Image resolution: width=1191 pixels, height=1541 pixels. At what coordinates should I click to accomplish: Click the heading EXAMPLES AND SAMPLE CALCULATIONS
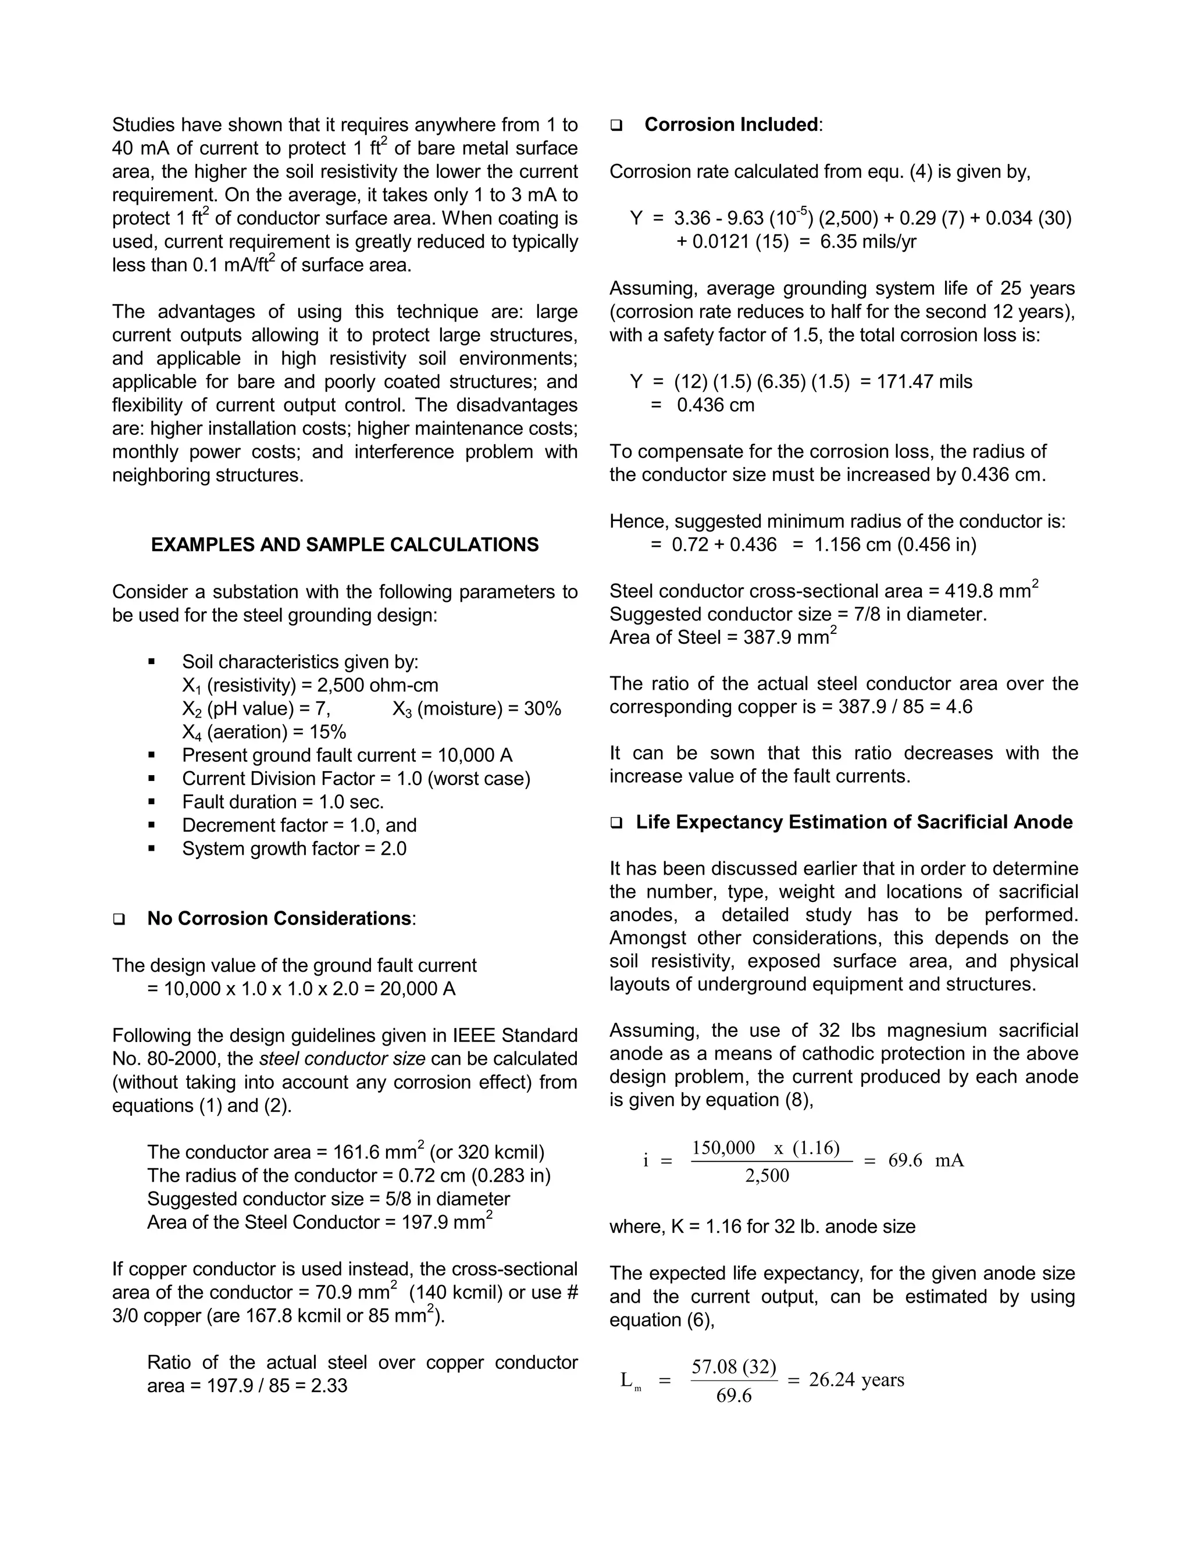[344, 545]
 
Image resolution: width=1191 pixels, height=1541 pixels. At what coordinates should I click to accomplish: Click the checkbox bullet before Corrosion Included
[616, 126]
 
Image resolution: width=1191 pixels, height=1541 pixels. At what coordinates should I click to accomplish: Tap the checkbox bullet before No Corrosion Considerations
[119, 919]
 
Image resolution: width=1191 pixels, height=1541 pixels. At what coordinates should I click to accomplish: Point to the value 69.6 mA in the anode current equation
[926, 1161]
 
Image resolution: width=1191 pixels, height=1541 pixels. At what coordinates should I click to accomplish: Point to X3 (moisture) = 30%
[476, 709]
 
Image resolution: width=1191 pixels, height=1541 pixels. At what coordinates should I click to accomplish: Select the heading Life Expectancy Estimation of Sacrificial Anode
[854, 822]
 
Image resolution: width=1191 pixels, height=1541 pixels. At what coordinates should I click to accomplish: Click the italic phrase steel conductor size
[342, 1059]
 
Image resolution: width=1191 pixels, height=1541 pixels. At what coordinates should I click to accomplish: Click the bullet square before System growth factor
[152, 849]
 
